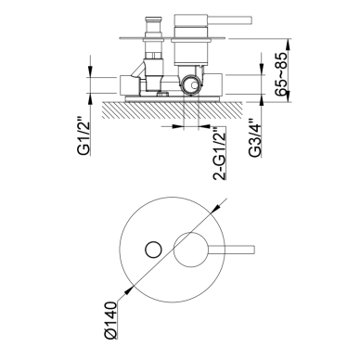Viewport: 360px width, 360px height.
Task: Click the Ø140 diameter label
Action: (111, 320)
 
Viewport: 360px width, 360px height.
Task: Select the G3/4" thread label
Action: (255, 137)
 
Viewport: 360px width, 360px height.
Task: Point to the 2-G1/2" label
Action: (220, 153)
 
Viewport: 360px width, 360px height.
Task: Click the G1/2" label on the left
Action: (84, 135)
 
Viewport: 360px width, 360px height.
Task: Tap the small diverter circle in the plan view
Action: (153, 250)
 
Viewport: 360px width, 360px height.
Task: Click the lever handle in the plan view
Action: (231, 250)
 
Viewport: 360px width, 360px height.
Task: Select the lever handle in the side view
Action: (229, 20)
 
